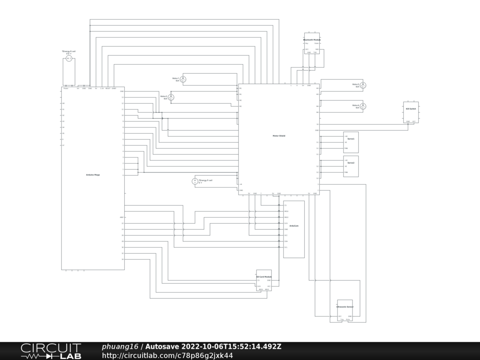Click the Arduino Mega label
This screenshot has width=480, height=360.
93,174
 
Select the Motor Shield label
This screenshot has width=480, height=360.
279,136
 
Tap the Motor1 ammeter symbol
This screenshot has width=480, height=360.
184,79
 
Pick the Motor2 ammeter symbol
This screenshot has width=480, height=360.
171,97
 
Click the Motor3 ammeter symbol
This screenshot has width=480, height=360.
363,85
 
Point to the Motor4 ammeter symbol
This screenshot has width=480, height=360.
363,106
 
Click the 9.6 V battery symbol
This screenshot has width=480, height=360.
68,59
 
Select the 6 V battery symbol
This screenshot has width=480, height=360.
195,181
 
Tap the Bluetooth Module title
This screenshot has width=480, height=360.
312,40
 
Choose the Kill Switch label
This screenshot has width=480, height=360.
411,109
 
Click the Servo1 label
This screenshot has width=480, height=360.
351,139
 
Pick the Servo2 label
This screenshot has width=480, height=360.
351,163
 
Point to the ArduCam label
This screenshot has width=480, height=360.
294,226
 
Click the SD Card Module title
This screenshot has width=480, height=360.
264,277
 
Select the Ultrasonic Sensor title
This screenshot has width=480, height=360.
345,307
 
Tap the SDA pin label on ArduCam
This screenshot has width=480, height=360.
286,241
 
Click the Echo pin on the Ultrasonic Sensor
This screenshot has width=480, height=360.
348,320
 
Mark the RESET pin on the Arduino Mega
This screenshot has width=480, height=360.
108,88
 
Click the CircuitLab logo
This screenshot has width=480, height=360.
51,351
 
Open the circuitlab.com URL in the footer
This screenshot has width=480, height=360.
167,355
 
